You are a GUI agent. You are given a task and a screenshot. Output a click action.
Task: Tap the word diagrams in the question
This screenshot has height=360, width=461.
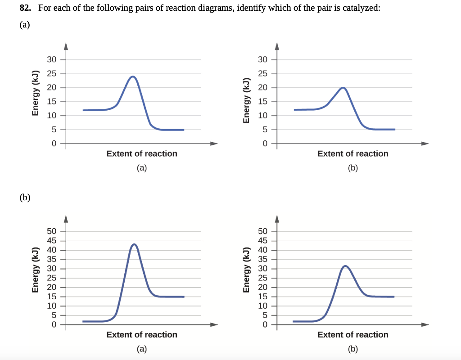[x=211, y=9]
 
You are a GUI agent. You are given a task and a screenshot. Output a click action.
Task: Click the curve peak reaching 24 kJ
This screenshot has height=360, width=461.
[x=132, y=76]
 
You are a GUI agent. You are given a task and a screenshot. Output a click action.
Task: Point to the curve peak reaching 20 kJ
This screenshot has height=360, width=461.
[x=343, y=88]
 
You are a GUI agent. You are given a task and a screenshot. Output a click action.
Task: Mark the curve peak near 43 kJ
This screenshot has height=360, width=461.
[x=134, y=244]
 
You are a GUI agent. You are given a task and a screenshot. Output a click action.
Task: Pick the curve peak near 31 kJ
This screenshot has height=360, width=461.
[x=345, y=266]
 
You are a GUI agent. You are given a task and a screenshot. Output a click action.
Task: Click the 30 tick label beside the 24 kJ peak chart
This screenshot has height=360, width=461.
[x=52, y=59]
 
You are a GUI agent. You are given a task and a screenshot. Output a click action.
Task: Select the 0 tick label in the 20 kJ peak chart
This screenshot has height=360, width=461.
[x=265, y=144]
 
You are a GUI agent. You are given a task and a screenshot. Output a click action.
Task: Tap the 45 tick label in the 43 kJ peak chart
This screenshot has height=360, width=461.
[x=52, y=240]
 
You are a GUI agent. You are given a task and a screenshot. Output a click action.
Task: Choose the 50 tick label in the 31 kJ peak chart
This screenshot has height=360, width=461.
[x=263, y=231]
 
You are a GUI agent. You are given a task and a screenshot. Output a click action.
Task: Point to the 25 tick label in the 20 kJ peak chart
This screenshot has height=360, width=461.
[x=263, y=73]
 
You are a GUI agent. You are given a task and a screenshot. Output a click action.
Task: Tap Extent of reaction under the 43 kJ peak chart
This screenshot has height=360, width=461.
[x=142, y=334]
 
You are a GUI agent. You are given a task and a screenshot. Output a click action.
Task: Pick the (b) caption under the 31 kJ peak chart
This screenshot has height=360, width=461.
[x=353, y=349]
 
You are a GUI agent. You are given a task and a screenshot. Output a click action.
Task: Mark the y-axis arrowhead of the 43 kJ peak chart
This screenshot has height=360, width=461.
[x=66, y=218]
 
